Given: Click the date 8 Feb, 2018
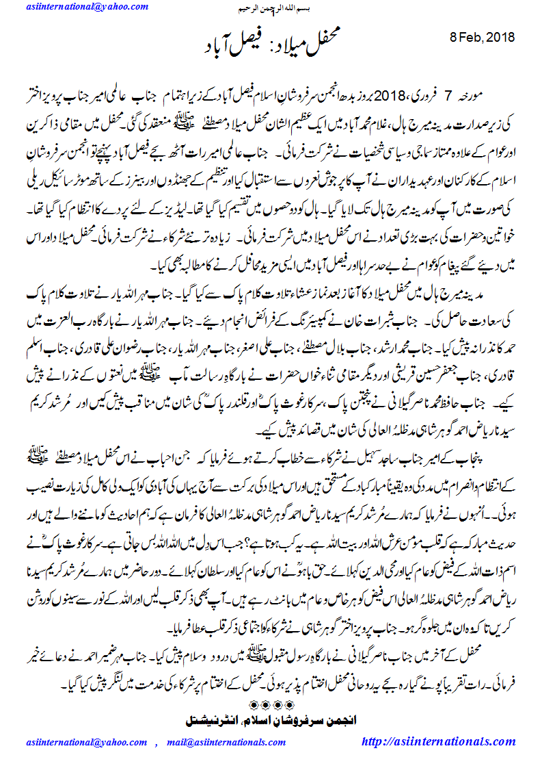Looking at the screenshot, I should tap(483, 37).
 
